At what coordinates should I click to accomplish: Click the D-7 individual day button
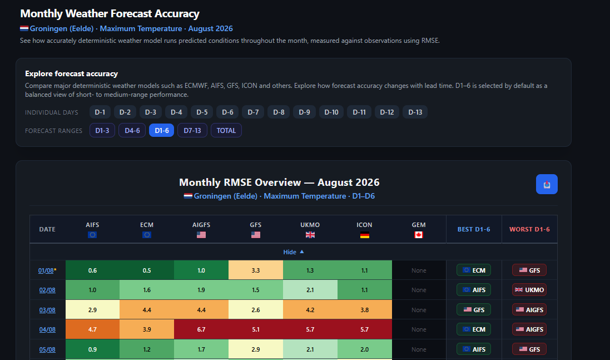coord(253,112)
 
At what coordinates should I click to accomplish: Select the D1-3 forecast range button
coord(102,130)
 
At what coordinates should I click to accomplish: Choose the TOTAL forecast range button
coord(226,130)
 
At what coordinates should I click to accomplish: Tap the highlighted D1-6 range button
coord(161,130)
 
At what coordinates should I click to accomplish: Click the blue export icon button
coord(547,184)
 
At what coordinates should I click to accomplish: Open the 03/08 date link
coord(47,310)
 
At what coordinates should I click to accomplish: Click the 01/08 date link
coord(46,270)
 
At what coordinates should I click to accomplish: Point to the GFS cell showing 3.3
coord(256,270)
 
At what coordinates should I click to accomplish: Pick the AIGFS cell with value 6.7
coord(201,329)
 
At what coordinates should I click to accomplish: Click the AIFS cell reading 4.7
coord(92,329)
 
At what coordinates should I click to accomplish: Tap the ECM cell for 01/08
coord(147,270)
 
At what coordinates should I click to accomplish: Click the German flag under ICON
coord(365,235)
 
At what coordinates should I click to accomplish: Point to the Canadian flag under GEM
coord(419,235)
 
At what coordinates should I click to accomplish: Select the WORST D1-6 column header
coord(529,229)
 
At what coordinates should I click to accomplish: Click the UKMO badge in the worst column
coord(529,290)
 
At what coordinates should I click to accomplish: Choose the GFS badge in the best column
coord(473,310)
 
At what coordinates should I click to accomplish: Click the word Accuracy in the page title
coord(177,13)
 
